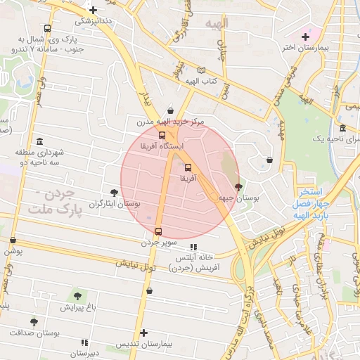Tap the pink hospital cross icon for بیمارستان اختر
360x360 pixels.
(305, 37)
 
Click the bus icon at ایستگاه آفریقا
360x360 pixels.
(162, 135)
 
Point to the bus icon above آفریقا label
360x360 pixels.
(188, 168)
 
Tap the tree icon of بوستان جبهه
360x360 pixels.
(238, 187)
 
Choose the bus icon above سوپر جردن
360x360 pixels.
(158, 231)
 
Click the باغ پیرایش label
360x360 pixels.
(77, 307)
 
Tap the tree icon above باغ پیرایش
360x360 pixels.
(77, 296)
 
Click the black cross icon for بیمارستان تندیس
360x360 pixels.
(144, 333)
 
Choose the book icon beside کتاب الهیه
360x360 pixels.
(202, 70)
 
